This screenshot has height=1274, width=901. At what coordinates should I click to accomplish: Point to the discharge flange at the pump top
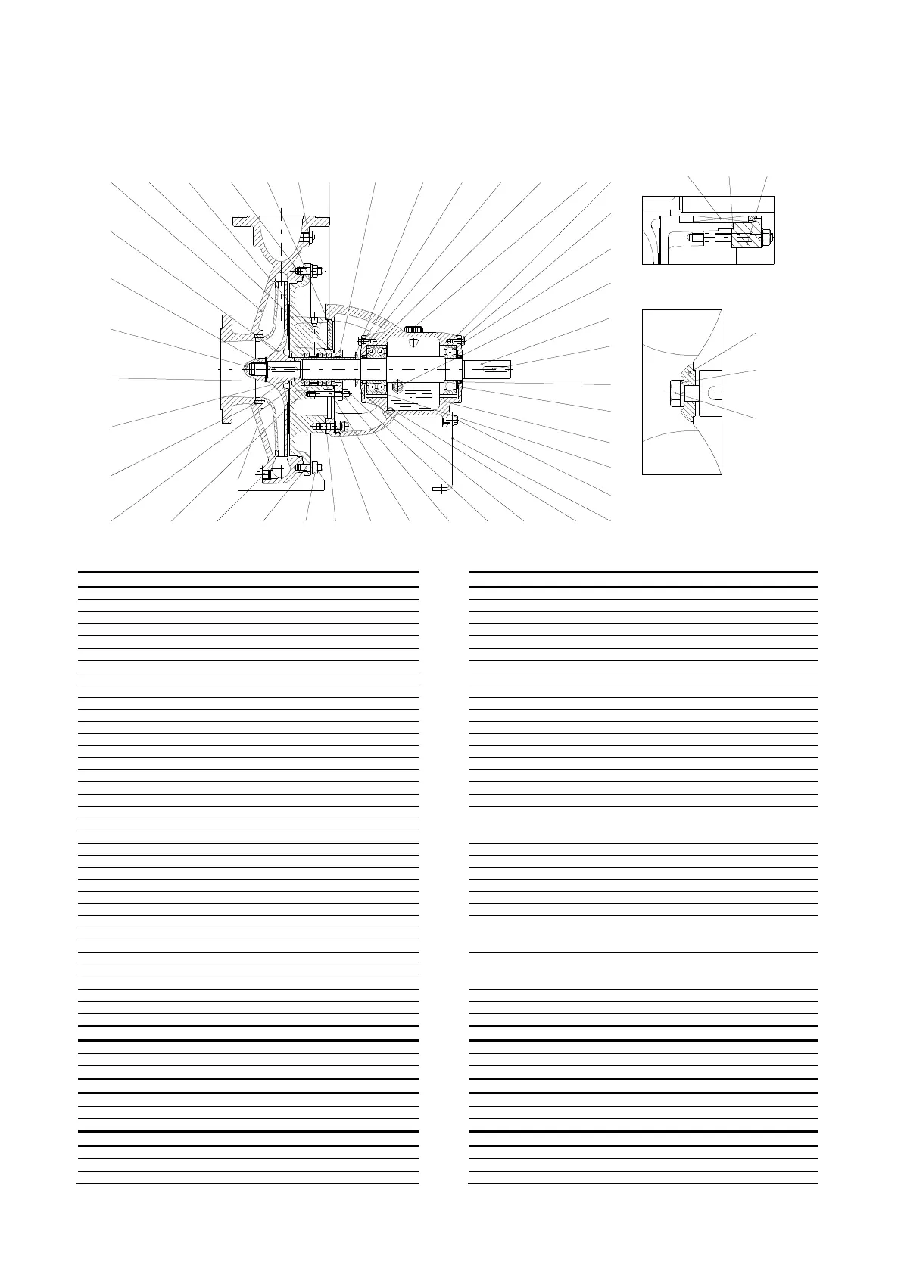coord(282,221)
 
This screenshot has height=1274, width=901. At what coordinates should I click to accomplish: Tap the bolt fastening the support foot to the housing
coord(446,421)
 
